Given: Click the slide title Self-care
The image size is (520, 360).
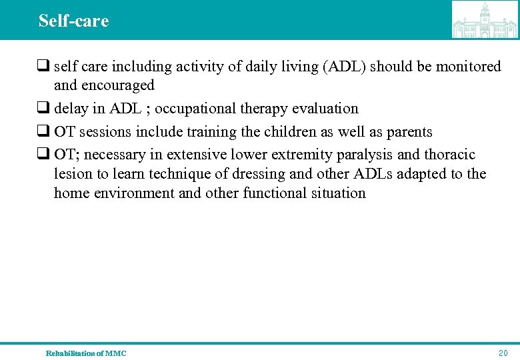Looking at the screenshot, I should (x=73, y=21).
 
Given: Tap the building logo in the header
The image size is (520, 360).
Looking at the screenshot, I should (x=485, y=20).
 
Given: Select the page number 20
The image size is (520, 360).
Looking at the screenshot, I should (x=503, y=353).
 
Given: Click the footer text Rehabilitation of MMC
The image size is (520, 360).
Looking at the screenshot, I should (x=86, y=353).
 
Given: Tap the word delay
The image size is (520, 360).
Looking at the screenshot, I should (x=71, y=108).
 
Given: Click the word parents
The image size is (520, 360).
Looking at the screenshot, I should (x=404, y=131).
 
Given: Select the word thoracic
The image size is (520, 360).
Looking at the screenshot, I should (x=449, y=155).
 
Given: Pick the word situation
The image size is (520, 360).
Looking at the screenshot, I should (x=339, y=193).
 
